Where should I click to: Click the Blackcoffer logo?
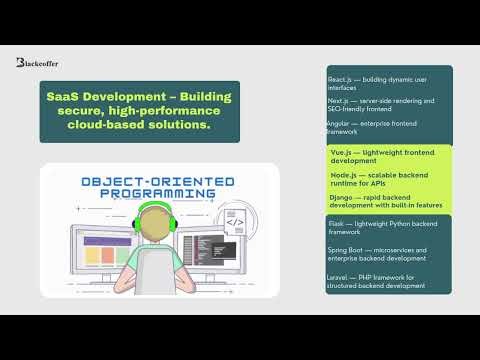click(38, 63)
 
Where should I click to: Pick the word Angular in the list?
click(341, 123)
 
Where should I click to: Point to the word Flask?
click(337, 223)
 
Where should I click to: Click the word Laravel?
click(340, 275)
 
